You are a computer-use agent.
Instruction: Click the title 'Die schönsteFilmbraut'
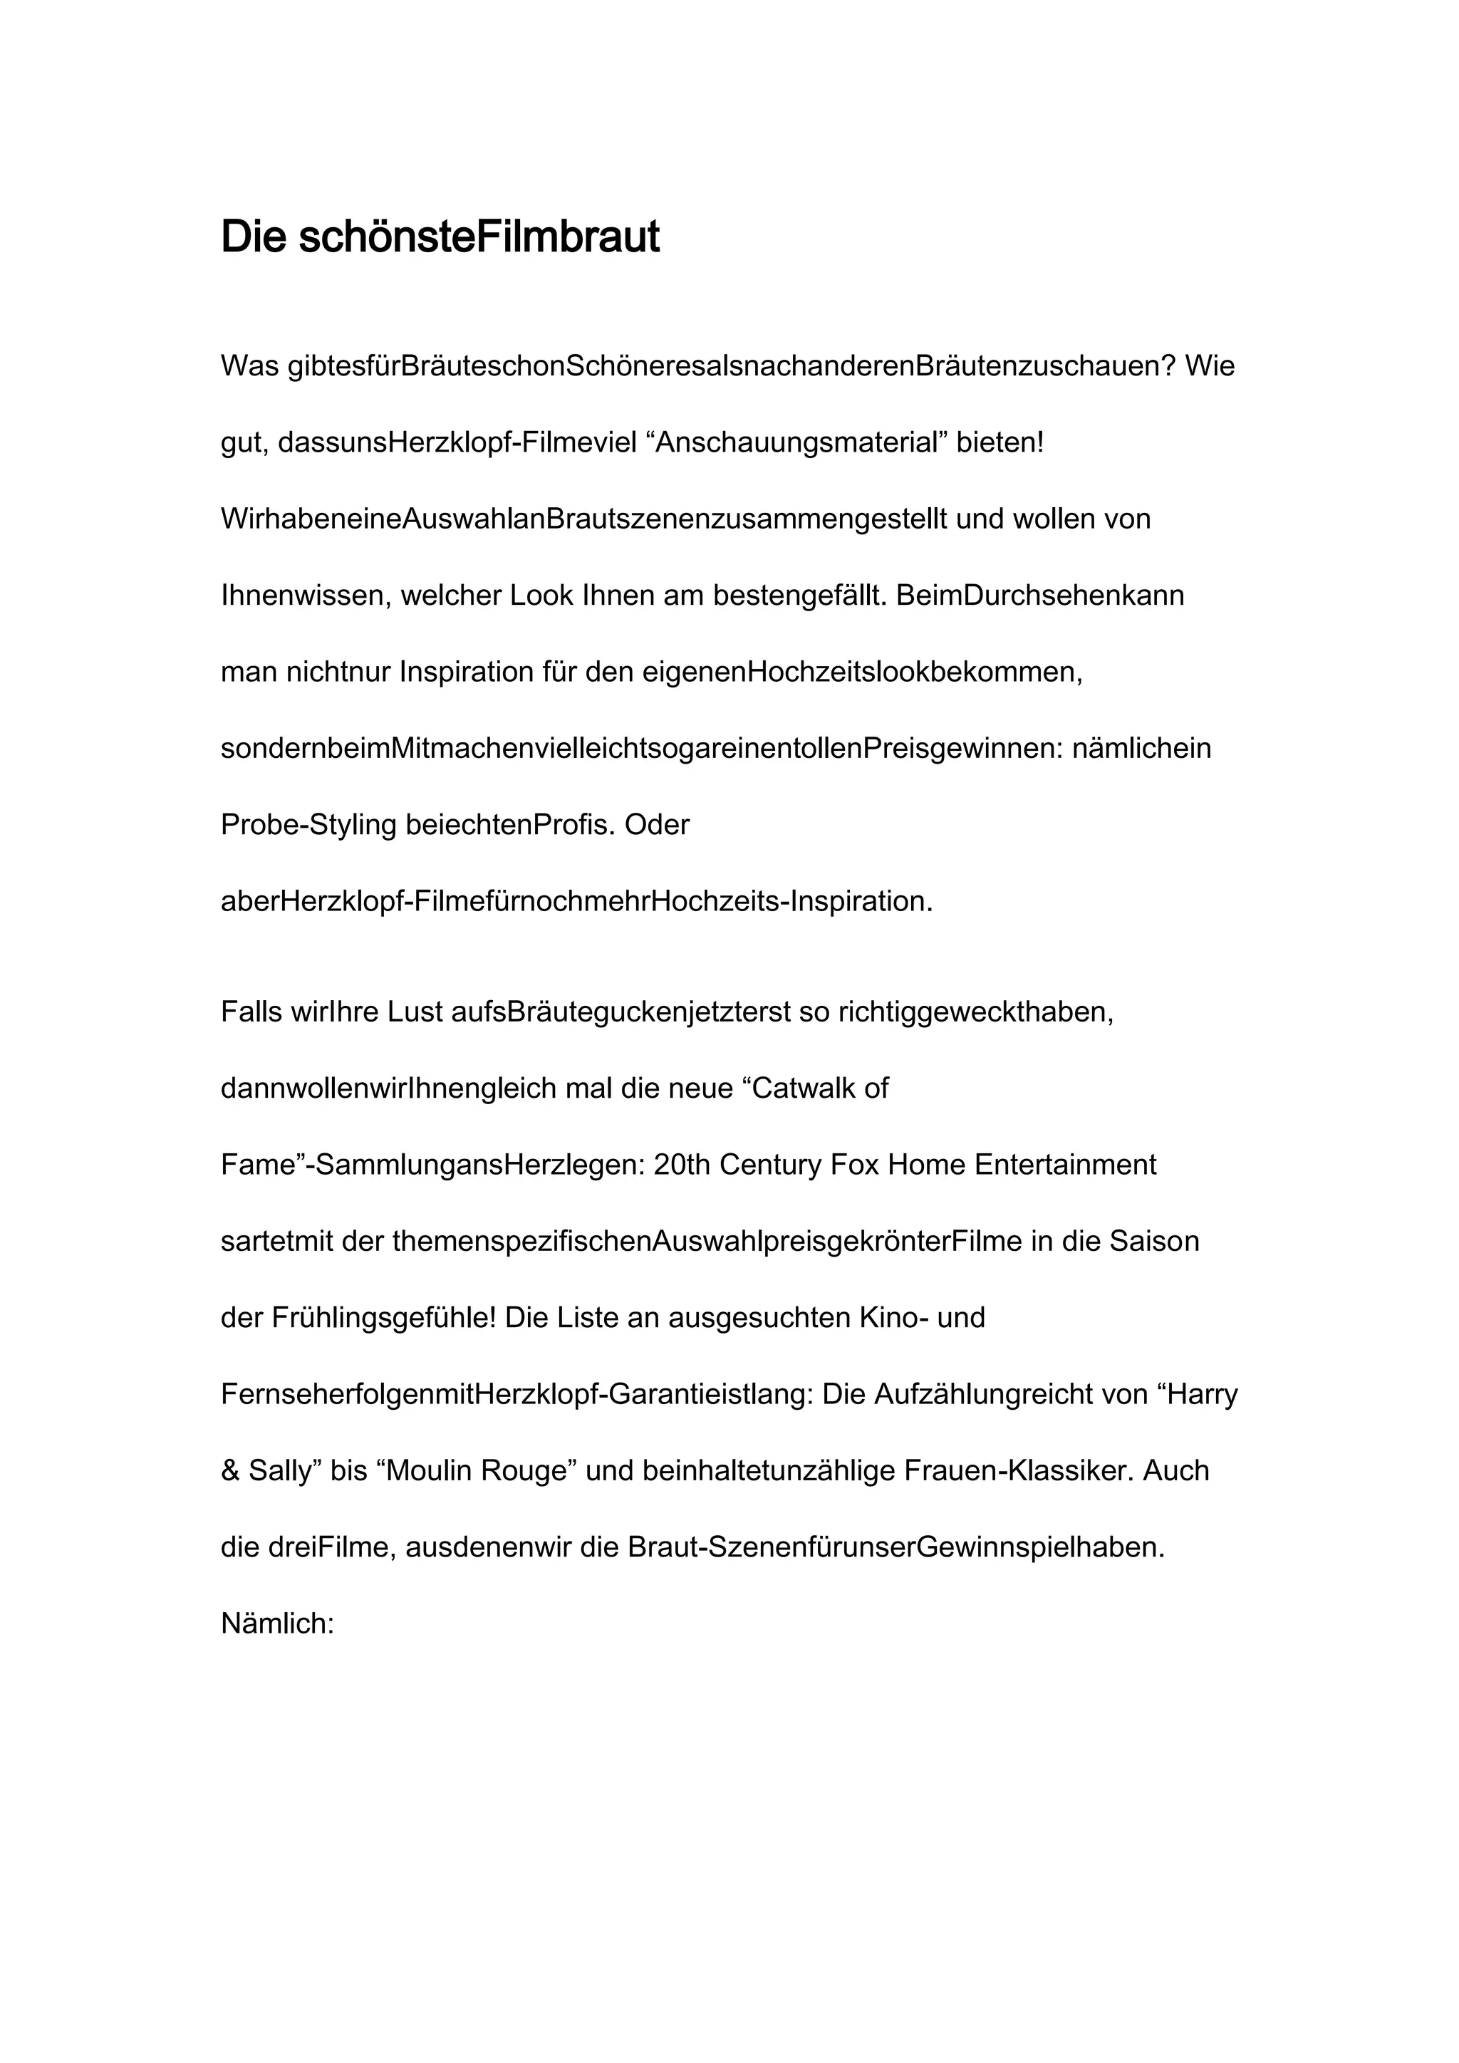(440, 237)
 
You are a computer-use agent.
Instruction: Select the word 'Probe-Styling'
(308, 825)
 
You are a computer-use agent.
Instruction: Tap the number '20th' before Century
(682, 1165)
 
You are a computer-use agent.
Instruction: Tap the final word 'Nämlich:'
(278, 1623)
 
